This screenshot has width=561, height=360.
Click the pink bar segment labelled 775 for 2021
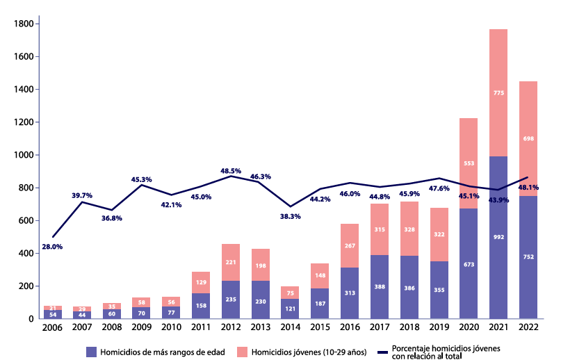[498, 92]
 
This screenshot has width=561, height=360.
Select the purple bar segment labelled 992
[498, 237]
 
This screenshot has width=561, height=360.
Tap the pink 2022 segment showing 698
[528, 138]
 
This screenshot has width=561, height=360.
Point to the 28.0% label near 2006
[53, 246]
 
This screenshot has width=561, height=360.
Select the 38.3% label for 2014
[291, 216]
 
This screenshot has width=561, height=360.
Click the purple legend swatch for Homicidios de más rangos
[91, 350]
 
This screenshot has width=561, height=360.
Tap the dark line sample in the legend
[380, 350]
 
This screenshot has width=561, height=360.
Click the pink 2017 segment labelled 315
[380, 229]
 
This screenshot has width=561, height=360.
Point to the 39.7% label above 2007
[82, 195]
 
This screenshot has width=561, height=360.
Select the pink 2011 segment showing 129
[201, 282]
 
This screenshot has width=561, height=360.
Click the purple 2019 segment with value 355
[439, 290]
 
